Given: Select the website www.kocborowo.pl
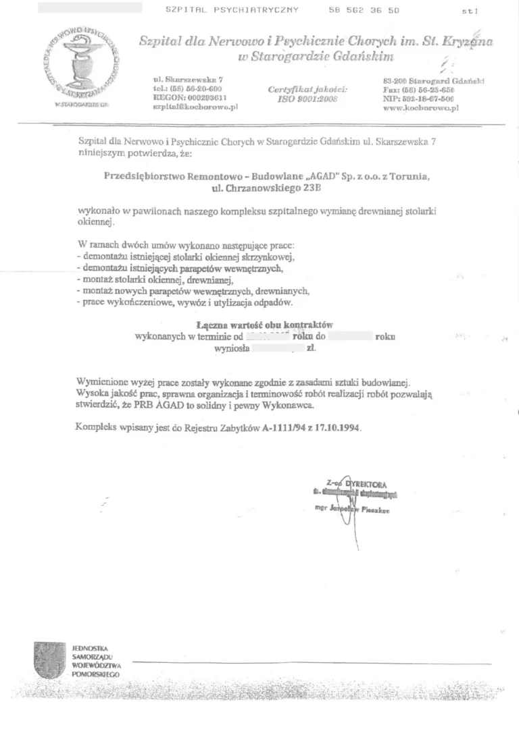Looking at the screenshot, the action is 416,107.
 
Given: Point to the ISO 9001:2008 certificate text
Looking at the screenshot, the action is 307,98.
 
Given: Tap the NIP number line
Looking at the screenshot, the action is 418,98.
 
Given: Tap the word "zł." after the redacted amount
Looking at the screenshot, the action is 311,349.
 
